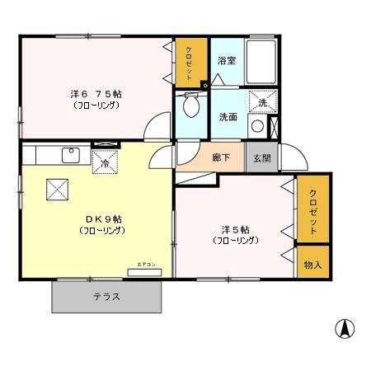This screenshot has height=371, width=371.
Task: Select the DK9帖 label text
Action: tap(102, 219)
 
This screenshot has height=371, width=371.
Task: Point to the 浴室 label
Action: tap(227, 61)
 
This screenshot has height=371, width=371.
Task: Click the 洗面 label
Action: tap(228, 116)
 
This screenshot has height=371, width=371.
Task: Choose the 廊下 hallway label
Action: tap(221, 157)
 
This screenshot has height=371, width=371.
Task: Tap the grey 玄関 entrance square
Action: tap(261, 157)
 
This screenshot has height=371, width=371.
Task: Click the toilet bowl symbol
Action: tap(191, 106)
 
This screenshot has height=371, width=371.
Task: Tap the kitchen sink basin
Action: tap(71, 153)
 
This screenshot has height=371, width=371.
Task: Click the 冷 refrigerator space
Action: tap(106, 162)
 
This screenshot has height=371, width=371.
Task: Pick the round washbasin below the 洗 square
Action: tap(256, 125)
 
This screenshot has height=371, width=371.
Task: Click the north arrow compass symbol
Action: tap(345, 329)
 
